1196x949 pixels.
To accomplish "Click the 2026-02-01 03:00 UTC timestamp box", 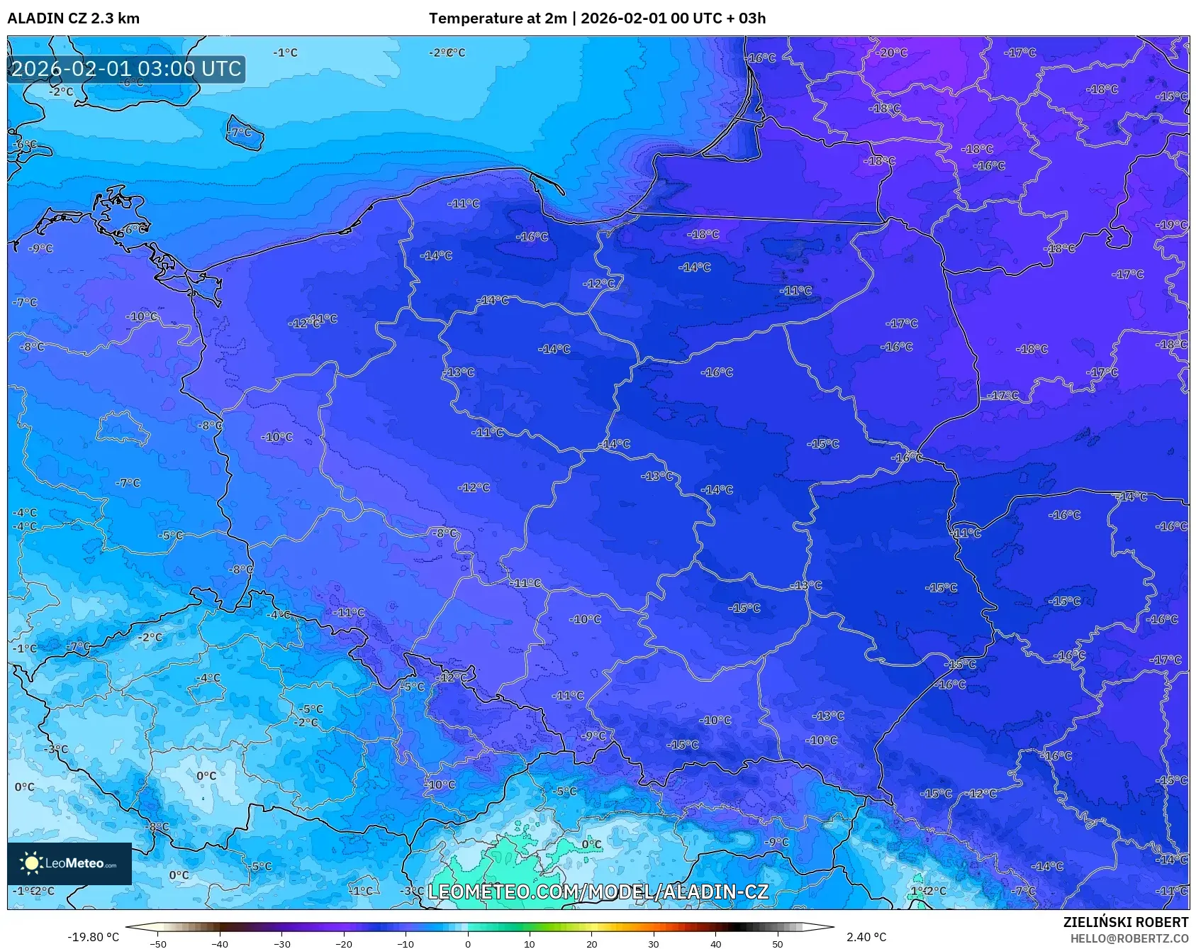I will pyautogui.click(x=126, y=69).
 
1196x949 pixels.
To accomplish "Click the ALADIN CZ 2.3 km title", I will pyautogui.click(x=73, y=18).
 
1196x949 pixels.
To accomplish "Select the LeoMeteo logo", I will pyautogui.click(x=69, y=863).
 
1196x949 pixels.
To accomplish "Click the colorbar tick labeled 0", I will pyautogui.click(x=467, y=943).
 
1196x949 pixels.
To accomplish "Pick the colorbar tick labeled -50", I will pyautogui.click(x=158, y=943).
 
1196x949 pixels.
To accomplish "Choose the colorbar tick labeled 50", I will pyautogui.click(x=777, y=943).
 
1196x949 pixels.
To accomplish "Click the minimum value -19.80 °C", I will pyautogui.click(x=93, y=937).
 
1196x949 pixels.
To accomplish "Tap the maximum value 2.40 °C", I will pyautogui.click(x=866, y=937).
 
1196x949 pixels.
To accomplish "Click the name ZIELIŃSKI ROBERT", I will pyautogui.click(x=1125, y=922).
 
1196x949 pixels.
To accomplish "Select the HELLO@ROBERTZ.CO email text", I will pyautogui.click(x=1129, y=938).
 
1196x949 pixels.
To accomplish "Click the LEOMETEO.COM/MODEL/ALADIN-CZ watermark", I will pyautogui.click(x=598, y=892).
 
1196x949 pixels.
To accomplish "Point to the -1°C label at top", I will pyautogui.click(x=285, y=52).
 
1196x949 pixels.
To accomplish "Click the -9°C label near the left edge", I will pyautogui.click(x=40, y=248).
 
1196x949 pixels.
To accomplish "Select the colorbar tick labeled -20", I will pyautogui.click(x=344, y=943).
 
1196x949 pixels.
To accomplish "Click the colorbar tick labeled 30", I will pyautogui.click(x=653, y=943).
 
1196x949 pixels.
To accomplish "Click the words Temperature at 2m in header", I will pyautogui.click(x=497, y=18).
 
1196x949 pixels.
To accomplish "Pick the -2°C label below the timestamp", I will pyautogui.click(x=61, y=91).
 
